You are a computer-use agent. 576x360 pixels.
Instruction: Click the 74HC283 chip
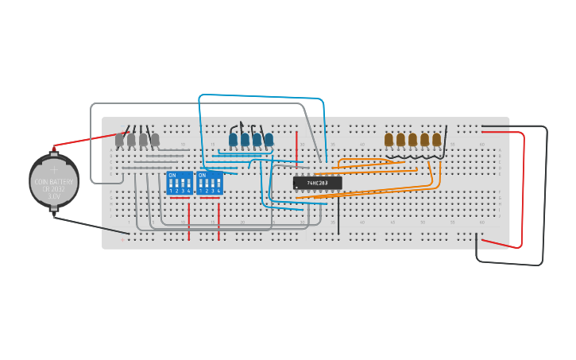(317, 183)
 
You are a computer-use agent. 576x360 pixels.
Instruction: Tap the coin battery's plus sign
(54, 169)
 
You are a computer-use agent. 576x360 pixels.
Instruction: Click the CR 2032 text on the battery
(54, 188)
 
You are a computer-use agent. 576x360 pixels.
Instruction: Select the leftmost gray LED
(119, 140)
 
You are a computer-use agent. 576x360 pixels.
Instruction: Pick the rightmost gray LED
(155, 140)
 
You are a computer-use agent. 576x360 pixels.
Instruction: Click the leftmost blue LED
(233, 140)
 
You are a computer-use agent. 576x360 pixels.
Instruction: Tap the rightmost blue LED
(269, 140)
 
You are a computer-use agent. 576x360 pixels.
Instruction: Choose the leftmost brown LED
(389, 140)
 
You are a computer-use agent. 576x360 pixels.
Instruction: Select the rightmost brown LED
(436, 140)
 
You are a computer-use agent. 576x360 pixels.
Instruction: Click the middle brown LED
(412, 140)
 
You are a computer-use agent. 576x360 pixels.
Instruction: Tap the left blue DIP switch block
(179, 183)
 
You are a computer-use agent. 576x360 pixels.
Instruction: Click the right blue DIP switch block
(209, 183)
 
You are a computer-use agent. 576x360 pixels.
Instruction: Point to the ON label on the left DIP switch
(172, 175)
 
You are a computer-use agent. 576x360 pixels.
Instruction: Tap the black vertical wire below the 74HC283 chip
(338, 215)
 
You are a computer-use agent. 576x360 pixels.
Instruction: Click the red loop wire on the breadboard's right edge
(523, 191)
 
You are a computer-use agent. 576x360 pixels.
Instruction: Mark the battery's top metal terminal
(54, 149)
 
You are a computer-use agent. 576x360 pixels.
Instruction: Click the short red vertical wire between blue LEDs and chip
(297, 145)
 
